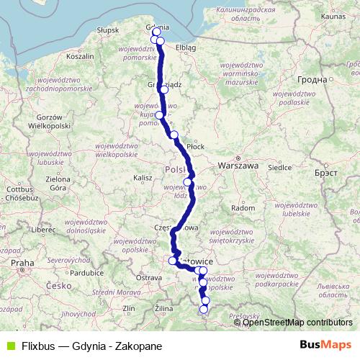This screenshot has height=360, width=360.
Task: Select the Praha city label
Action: (x=22, y=263)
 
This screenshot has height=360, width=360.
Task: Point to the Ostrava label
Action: (x=149, y=276)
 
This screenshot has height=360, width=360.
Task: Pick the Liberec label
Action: (x=42, y=229)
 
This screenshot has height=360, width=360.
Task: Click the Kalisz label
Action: (x=143, y=176)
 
